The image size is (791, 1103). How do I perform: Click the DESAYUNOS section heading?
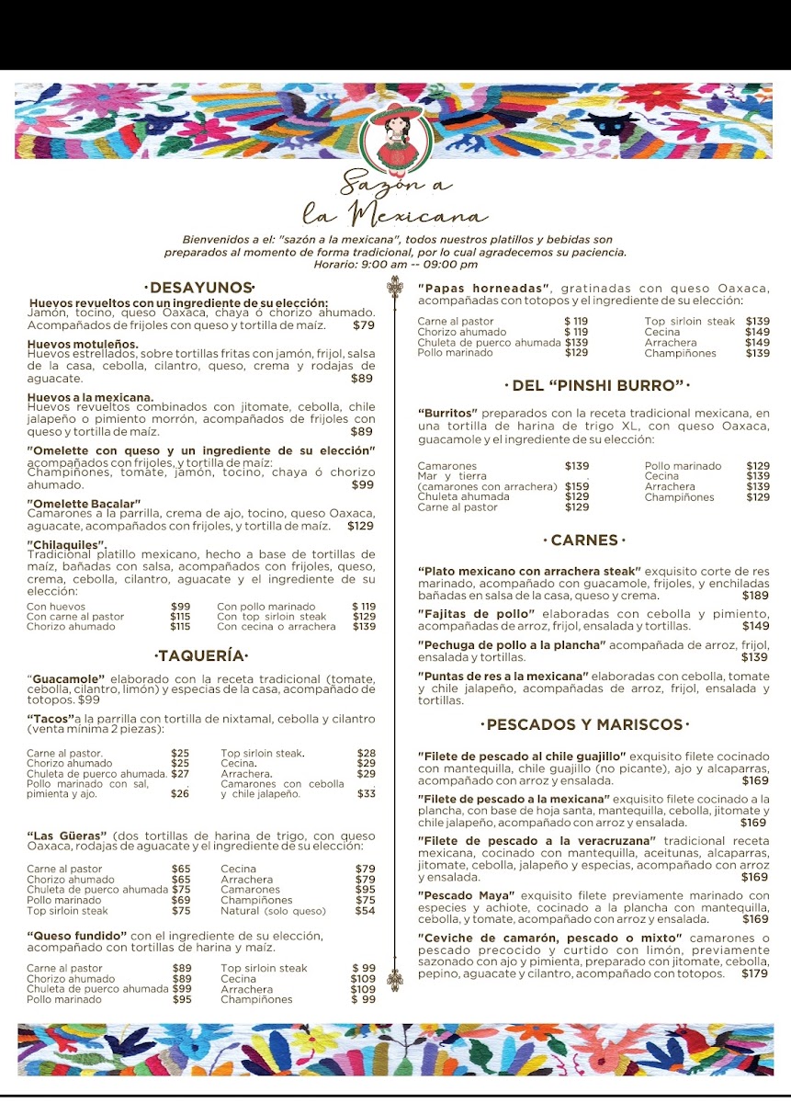coord(199,288)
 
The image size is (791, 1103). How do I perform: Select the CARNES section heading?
coord(584,540)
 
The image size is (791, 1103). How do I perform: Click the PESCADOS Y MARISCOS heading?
coord(584,724)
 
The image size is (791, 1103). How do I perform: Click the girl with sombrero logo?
coord(394,136)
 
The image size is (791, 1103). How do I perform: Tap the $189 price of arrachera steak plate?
coord(755,596)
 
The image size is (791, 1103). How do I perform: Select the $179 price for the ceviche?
coord(754,973)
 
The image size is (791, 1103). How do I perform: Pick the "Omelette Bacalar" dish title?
coord(85,504)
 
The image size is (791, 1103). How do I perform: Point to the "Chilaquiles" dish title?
coord(66,544)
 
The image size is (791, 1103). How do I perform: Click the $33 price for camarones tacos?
coord(366,793)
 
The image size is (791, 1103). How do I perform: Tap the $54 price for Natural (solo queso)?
coord(365,911)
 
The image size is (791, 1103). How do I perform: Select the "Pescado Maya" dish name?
coord(467,895)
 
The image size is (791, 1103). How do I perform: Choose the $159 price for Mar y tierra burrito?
coord(577,486)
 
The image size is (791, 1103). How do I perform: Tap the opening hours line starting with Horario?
coord(396,264)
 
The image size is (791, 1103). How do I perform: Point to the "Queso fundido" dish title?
coord(76,936)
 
